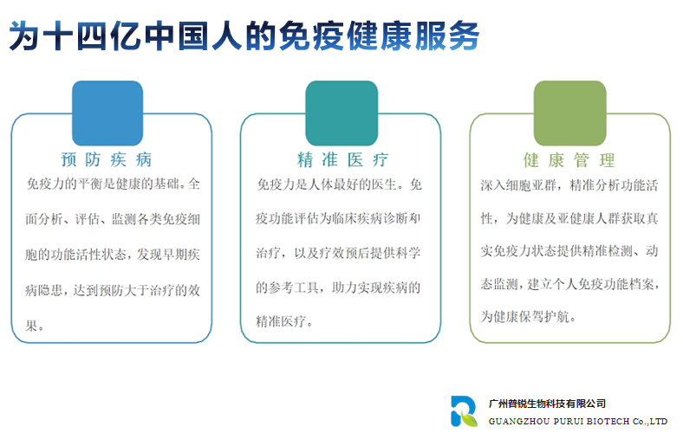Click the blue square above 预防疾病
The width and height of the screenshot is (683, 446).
click(x=107, y=113)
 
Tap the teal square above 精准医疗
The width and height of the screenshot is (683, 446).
click(x=341, y=113)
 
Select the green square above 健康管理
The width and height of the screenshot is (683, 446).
click(x=570, y=113)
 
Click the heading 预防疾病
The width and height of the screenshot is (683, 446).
click(x=107, y=159)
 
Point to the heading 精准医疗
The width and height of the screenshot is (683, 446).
click(x=343, y=159)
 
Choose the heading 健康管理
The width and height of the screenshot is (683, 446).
click(x=569, y=160)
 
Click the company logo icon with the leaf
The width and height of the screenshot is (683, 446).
click(x=464, y=411)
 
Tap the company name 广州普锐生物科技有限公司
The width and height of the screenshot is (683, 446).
click(x=547, y=404)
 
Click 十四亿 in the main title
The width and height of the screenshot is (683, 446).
click(x=92, y=36)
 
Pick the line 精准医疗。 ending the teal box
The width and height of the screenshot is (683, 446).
click(x=284, y=321)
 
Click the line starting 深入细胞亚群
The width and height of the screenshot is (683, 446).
click(x=569, y=185)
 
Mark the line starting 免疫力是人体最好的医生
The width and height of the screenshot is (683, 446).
click(x=339, y=184)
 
